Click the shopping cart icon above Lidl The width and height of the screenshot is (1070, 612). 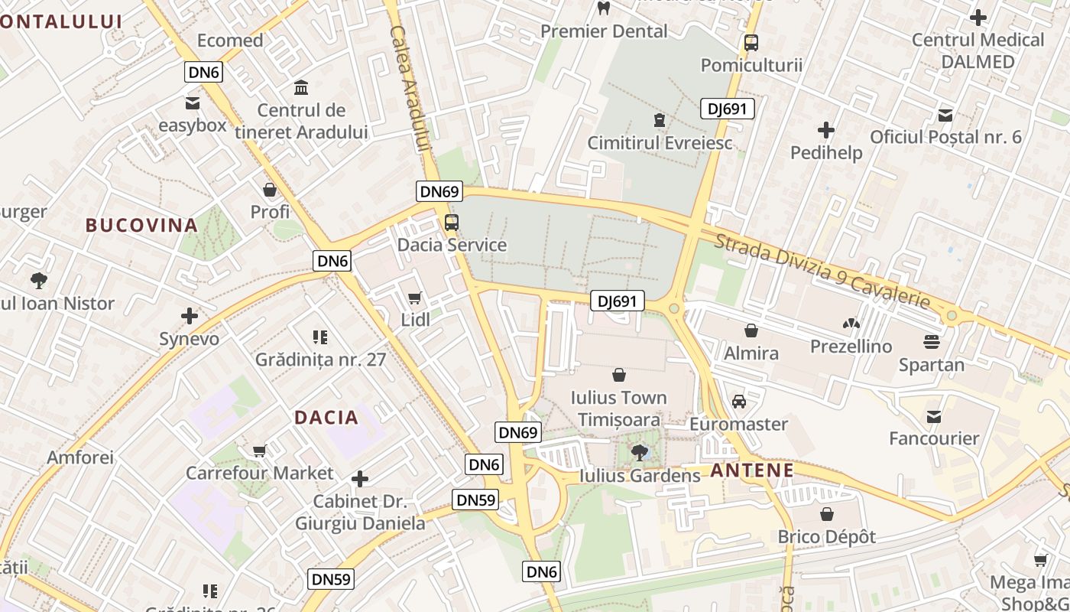pyautogui.click(x=415, y=298)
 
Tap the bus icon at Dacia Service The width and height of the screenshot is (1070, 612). pyautogui.click(x=452, y=223)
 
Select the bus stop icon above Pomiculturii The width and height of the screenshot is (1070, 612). pyautogui.click(x=751, y=43)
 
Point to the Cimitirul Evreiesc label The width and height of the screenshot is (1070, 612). pyautogui.click(x=660, y=143)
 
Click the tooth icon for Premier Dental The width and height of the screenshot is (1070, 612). pyautogui.click(x=604, y=8)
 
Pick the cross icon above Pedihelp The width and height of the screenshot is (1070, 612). pyautogui.click(x=826, y=130)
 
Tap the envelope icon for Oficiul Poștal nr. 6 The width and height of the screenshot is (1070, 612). pyautogui.click(x=945, y=116)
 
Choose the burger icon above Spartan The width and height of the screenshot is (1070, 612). pyautogui.click(x=931, y=341)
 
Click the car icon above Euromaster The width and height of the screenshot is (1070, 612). pyautogui.click(x=738, y=402)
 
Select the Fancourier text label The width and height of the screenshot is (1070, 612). pyautogui.click(x=933, y=438)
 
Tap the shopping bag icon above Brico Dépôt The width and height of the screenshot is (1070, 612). pyautogui.click(x=826, y=514)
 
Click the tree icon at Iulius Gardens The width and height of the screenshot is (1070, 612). pyautogui.click(x=639, y=453)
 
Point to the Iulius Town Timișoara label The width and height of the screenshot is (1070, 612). pyautogui.click(x=619, y=409)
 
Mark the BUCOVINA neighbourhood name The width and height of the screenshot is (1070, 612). pyautogui.click(x=141, y=225)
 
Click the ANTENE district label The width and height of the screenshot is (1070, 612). pyautogui.click(x=752, y=470)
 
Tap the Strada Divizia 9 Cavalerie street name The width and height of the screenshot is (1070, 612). pyautogui.click(x=822, y=272)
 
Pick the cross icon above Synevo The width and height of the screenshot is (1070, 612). pyautogui.click(x=189, y=316)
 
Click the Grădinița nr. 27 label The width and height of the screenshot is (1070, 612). pyautogui.click(x=321, y=360)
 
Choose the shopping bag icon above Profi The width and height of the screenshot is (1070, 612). pyautogui.click(x=270, y=189)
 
